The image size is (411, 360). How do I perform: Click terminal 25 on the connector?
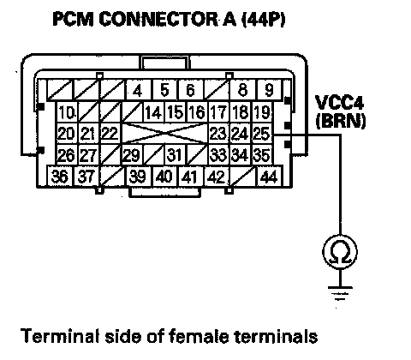(x=262, y=134)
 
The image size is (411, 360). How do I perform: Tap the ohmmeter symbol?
(x=340, y=252)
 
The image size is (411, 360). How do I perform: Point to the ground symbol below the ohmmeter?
(x=340, y=294)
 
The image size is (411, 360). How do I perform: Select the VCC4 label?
(x=339, y=102)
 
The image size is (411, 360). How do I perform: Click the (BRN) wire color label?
(x=341, y=122)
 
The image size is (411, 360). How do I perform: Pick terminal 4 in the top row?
(x=139, y=90)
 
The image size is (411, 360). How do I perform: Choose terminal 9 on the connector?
(x=270, y=90)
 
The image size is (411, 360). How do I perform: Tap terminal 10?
(x=67, y=112)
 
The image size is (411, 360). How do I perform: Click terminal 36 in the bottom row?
(x=60, y=176)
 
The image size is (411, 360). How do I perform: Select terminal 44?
(x=270, y=176)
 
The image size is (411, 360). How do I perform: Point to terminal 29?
(x=132, y=155)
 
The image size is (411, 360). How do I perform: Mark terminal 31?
(x=175, y=155)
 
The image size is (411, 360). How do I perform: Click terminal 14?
(x=154, y=112)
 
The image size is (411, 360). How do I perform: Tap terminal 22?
(x=110, y=134)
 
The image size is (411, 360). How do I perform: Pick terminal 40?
(x=164, y=176)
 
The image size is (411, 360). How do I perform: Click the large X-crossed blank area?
(x=165, y=134)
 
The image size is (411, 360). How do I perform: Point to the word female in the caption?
(x=199, y=336)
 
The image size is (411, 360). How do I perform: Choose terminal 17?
(x=219, y=112)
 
